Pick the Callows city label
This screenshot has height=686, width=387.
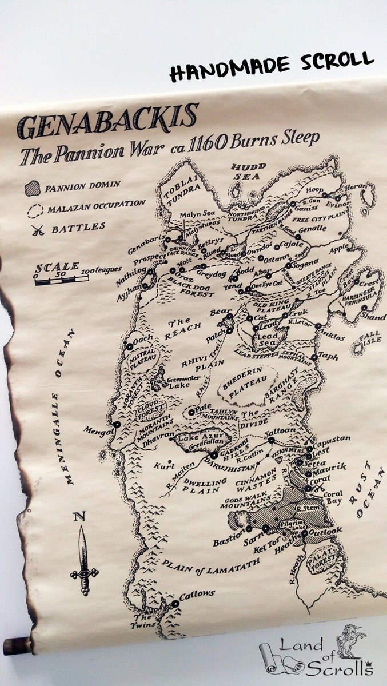(x=197, y=595)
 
